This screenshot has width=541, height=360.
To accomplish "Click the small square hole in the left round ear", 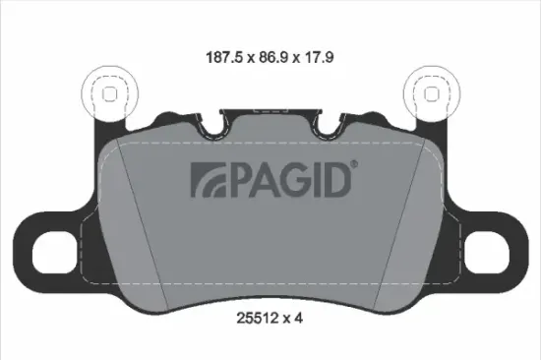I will pos(109,93).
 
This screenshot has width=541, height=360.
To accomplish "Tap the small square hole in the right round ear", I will pos(431,93).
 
